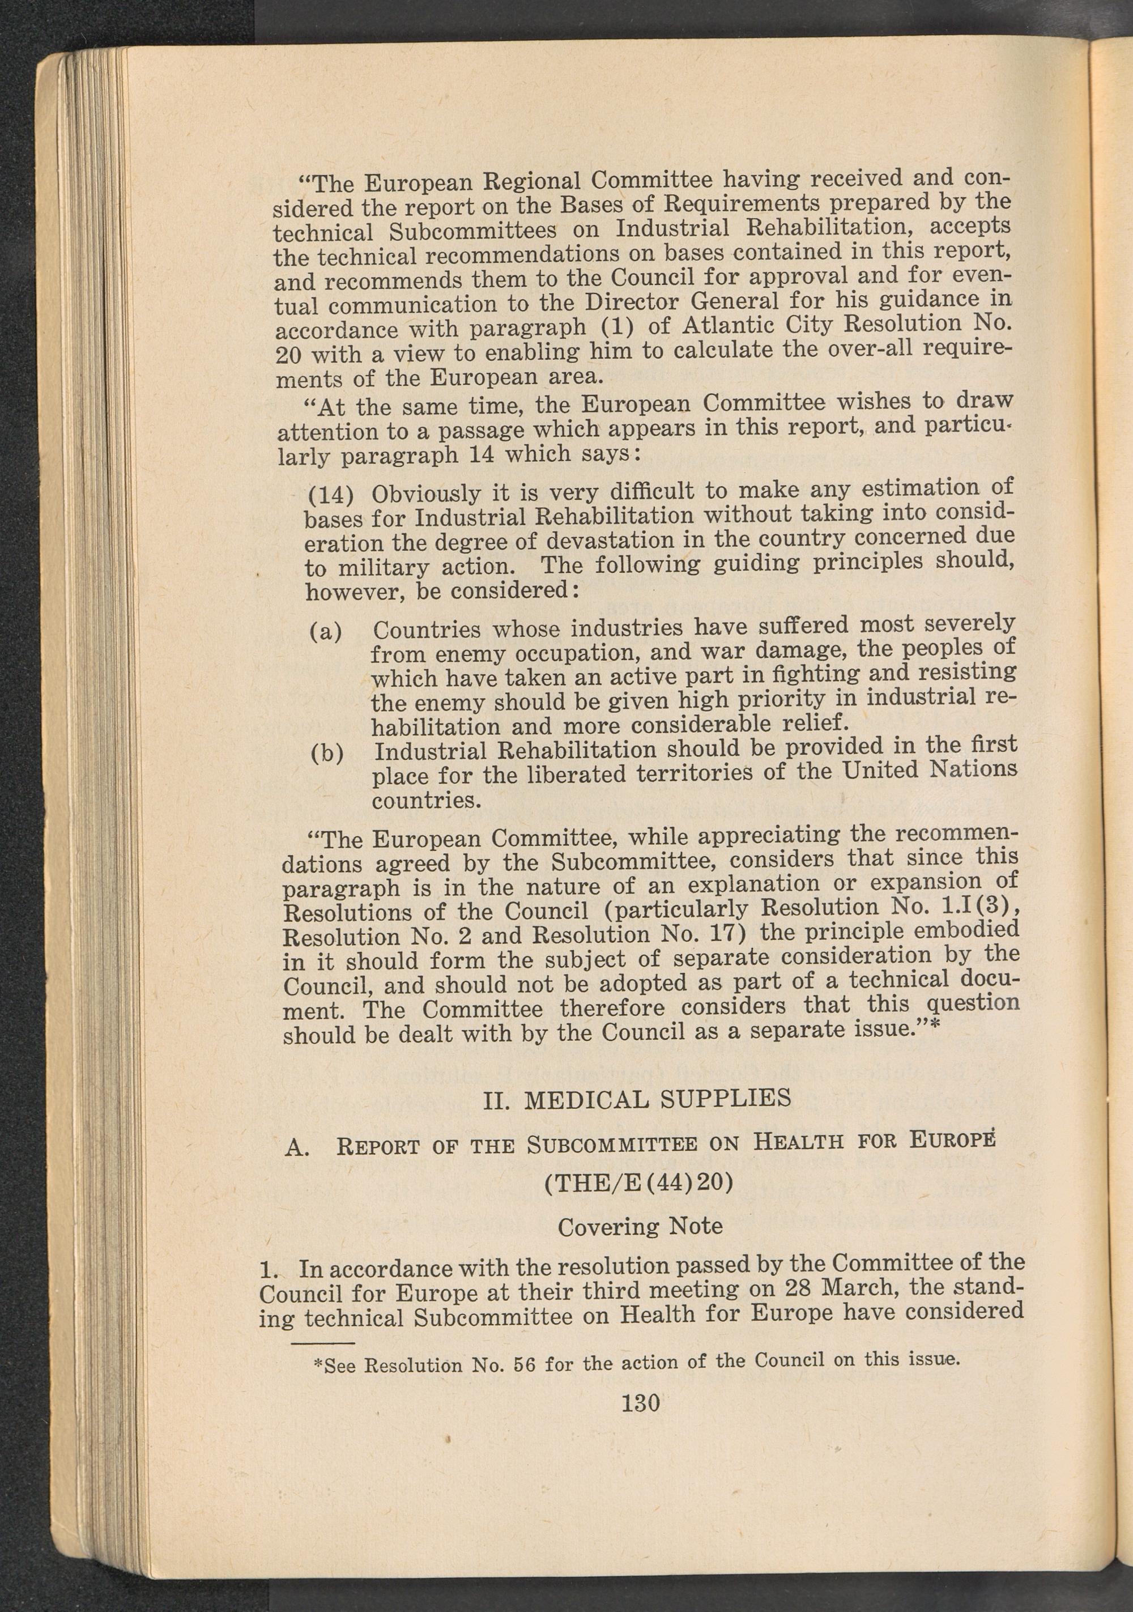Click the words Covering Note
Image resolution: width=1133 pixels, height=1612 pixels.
(640, 1227)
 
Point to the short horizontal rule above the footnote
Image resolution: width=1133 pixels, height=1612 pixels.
(313, 1342)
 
